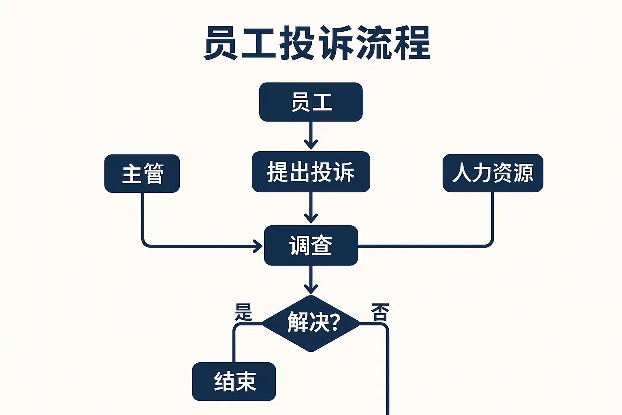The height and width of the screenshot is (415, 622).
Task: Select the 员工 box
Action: [x=311, y=102]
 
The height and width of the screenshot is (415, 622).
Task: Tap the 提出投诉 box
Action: [x=311, y=172]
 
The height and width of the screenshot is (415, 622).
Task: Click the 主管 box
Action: [x=142, y=173]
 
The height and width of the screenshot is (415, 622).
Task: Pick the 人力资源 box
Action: [x=492, y=173]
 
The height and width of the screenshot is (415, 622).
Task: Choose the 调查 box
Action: [x=311, y=246]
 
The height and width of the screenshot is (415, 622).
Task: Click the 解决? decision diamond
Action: [x=311, y=323]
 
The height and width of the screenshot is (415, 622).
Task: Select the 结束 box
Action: [x=234, y=381]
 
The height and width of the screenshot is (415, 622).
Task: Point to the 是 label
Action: [x=243, y=312]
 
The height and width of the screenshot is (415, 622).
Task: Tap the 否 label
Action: [x=380, y=312]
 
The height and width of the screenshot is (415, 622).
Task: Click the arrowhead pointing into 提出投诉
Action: [x=311, y=144]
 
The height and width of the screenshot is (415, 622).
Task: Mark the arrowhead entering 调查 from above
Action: [x=311, y=218]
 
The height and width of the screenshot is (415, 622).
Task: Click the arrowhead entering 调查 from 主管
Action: [x=258, y=246]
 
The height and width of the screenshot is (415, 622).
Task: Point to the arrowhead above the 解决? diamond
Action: [x=311, y=288]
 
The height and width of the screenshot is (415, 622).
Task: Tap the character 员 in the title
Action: [x=221, y=44]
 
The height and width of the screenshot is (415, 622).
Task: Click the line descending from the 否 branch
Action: [x=388, y=373]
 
